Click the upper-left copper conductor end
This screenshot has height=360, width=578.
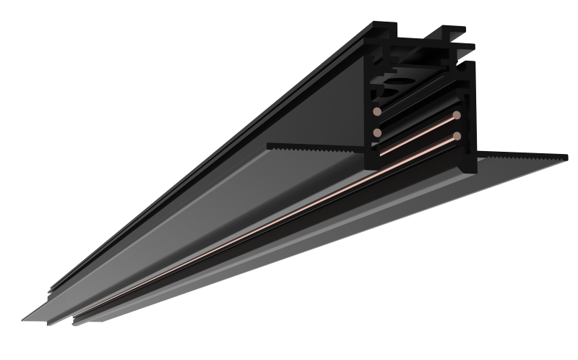(x=378, y=113)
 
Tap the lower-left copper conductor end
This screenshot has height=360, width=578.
(x=378, y=134)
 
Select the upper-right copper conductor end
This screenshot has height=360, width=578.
(x=457, y=115)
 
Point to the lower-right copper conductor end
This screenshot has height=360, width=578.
(x=457, y=135)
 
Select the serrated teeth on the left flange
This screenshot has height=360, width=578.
(x=318, y=147)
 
